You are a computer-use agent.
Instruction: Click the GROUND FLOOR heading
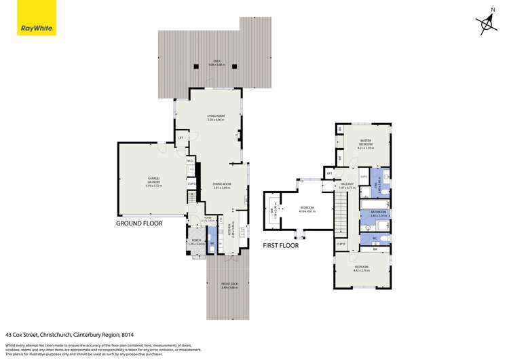coord(139,222)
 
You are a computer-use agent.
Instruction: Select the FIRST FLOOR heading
coord(281,245)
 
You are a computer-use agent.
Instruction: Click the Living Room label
coord(215,118)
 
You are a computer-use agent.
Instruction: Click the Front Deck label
coord(229,286)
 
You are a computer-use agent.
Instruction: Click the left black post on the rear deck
coord(196,66)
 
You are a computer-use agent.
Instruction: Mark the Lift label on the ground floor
coord(181,138)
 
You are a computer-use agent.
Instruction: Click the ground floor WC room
coord(212,243)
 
